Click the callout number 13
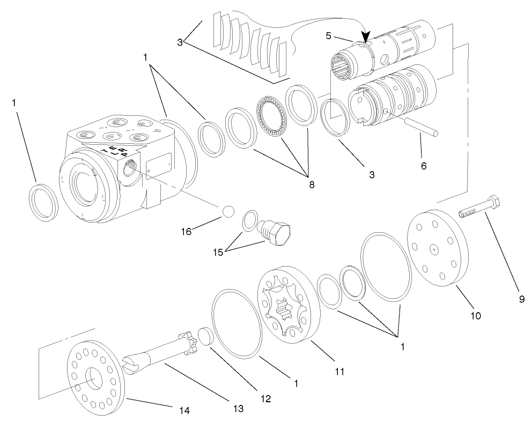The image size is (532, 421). pyautogui.click(x=239, y=409)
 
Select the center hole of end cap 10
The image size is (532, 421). pyautogui.click(x=432, y=249)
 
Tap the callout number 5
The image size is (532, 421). pyautogui.click(x=330, y=36)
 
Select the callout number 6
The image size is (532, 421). pyautogui.click(x=424, y=166)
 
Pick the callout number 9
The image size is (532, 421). pyautogui.click(x=521, y=300)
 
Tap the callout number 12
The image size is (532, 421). pyautogui.click(x=265, y=398)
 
